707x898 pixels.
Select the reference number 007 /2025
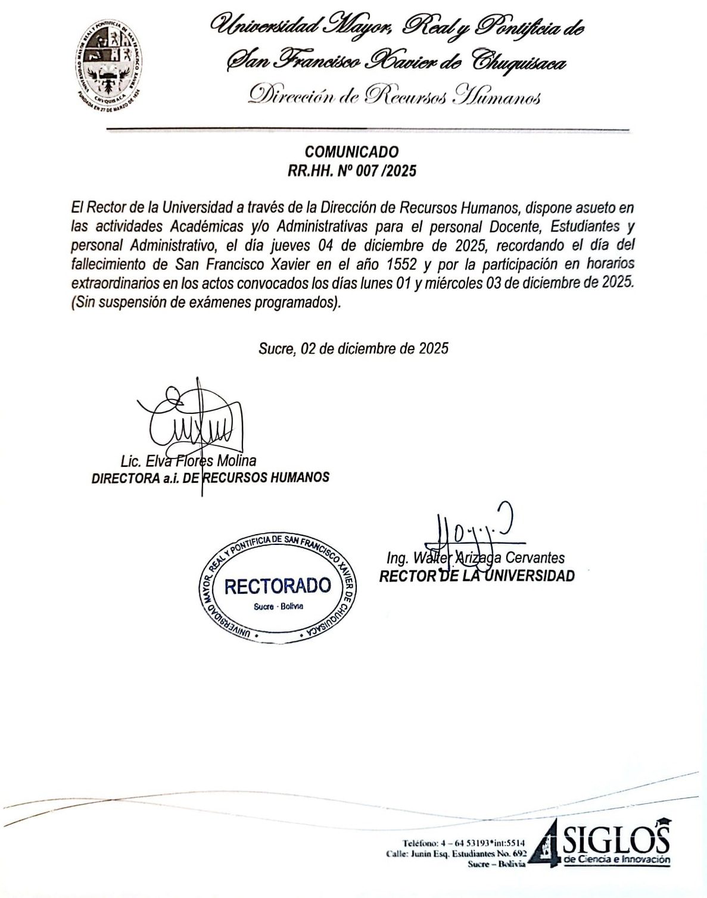(x=384, y=172)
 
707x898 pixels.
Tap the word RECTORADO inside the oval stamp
(x=278, y=585)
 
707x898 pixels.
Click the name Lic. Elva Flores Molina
(x=188, y=460)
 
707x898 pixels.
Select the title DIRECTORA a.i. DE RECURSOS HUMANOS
(x=210, y=478)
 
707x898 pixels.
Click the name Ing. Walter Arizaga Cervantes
(x=475, y=558)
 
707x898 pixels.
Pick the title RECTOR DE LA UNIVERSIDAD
(x=477, y=576)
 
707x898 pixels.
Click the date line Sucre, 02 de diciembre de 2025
(x=353, y=348)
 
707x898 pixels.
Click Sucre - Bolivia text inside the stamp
(x=275, y=606)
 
